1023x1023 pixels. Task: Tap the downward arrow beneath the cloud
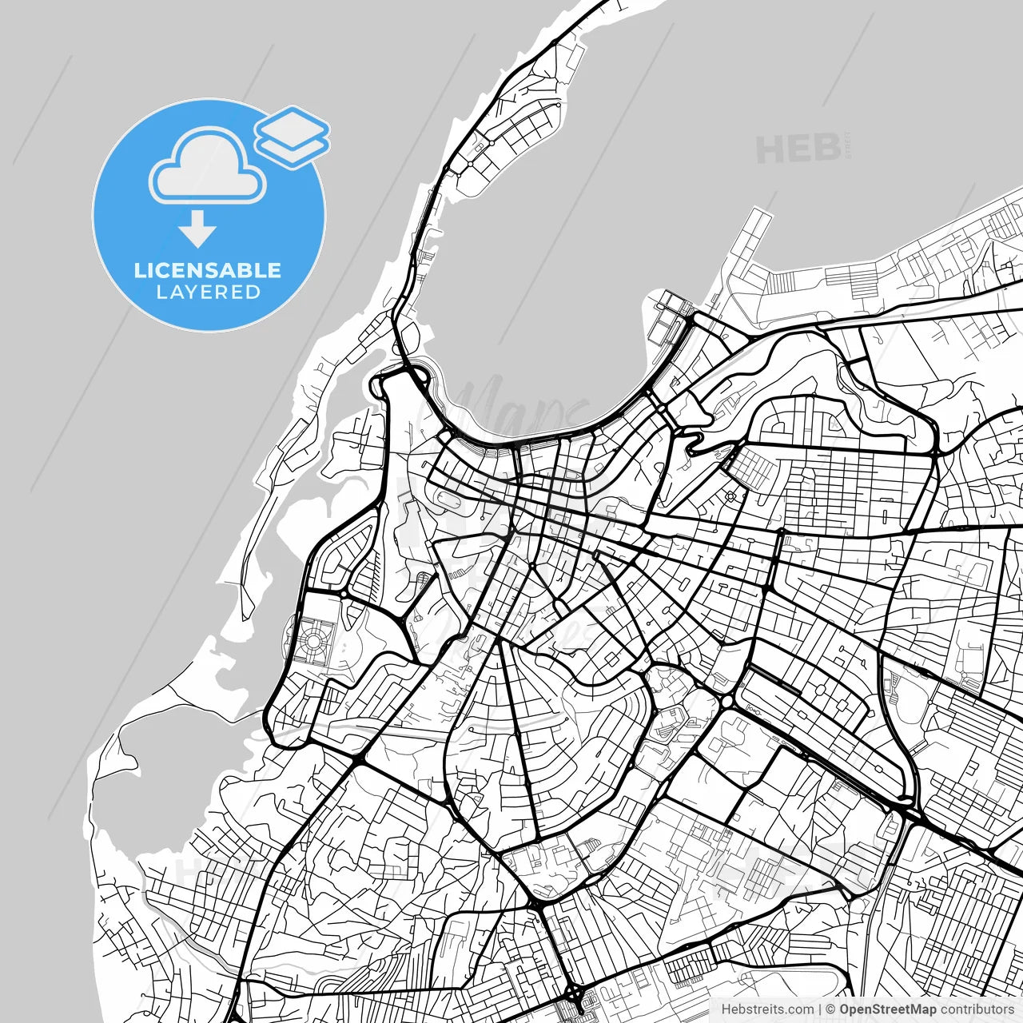[x=197, y=229]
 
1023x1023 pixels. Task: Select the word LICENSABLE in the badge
[x=208, y=270]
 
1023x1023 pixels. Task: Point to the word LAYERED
[x=208, y=293]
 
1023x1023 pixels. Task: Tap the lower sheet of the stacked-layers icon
[x=293, y=149]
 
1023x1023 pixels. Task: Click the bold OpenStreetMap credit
[x=887, y=1009]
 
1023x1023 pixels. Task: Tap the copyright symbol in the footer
[x=830, y=1009]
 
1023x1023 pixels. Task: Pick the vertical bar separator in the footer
[x=820, y=1009]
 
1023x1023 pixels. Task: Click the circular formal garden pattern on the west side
[x=313, y=640]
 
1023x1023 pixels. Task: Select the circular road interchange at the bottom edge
[x=574, y=993]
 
